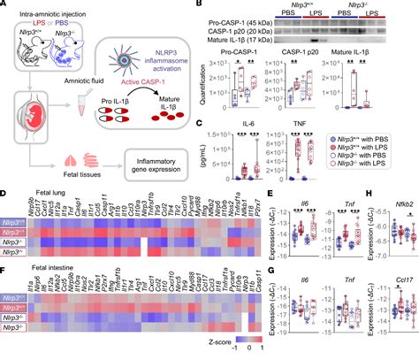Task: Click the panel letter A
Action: [5, 6]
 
